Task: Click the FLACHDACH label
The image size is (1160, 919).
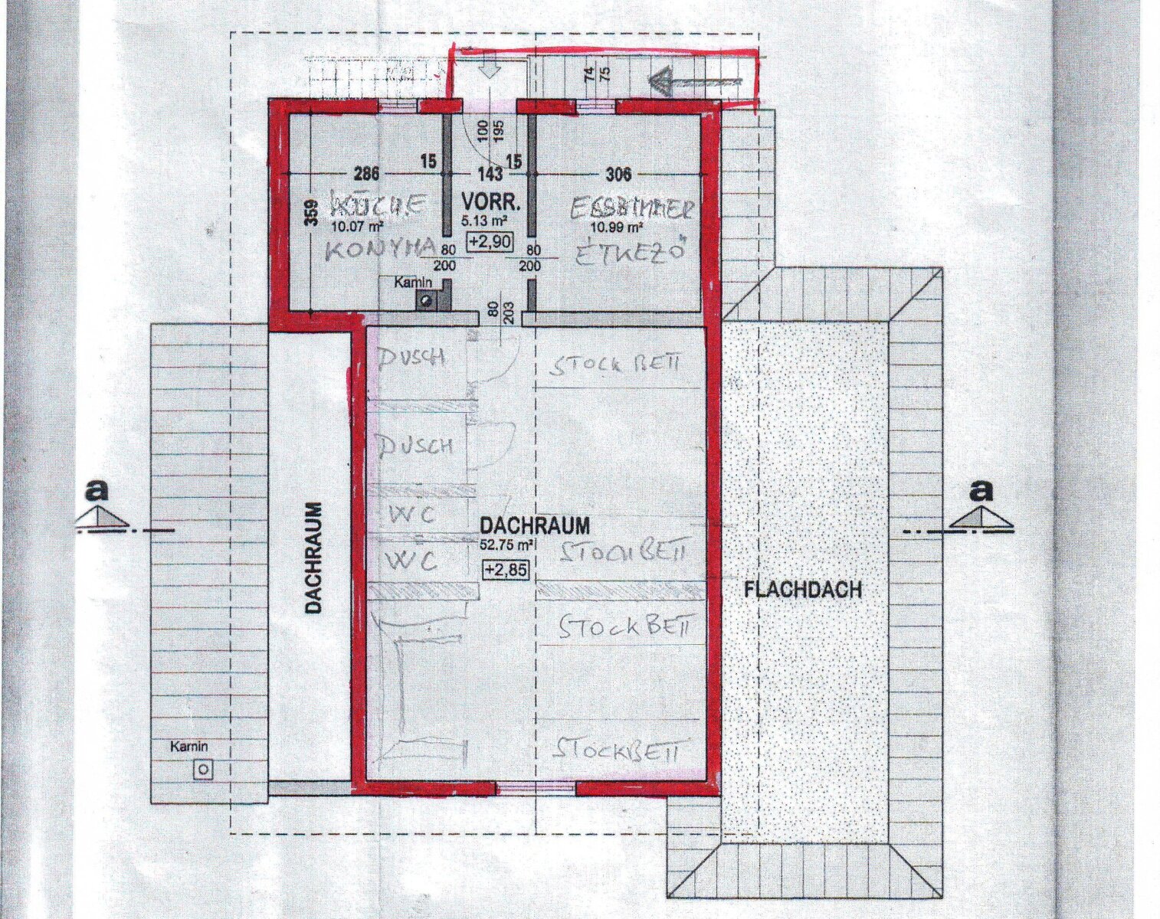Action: coord(802,590)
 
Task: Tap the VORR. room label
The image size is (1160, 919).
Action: coord(491,203)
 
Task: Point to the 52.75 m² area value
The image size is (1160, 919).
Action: coord(506,545)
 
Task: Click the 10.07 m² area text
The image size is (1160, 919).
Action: coord(358,226)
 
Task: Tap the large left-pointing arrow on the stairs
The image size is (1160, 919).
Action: coord(693,79)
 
